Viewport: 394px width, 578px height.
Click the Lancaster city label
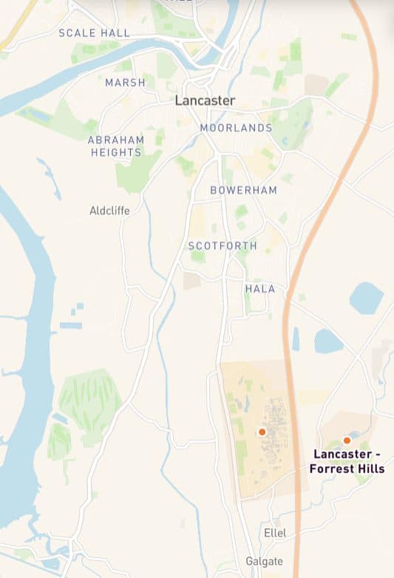click(x=205, y=101)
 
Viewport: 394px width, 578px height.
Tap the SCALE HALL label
click(x=94, y=33)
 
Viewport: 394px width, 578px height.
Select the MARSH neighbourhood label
click(x=125, y=83)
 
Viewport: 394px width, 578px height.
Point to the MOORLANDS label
click(x=236, y=128)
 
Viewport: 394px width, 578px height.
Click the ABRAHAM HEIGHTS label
click(x=115, y=146)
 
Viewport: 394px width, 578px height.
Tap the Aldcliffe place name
click(x=109, y=211)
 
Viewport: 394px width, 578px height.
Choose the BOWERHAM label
click(x=243, y=190)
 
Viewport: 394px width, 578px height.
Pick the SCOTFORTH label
click(x=223, y=245)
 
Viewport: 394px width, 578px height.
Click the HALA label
click(x=260, y=289)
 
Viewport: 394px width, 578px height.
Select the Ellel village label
click(x=274, y=533)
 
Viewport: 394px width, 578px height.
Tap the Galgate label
click(x=264, y=562)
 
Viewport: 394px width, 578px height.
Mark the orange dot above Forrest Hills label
click(x=347, y=441)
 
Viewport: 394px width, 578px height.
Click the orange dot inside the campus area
click(x=262, y=432)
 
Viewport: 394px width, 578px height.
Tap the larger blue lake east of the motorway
click(x=367, y=298)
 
